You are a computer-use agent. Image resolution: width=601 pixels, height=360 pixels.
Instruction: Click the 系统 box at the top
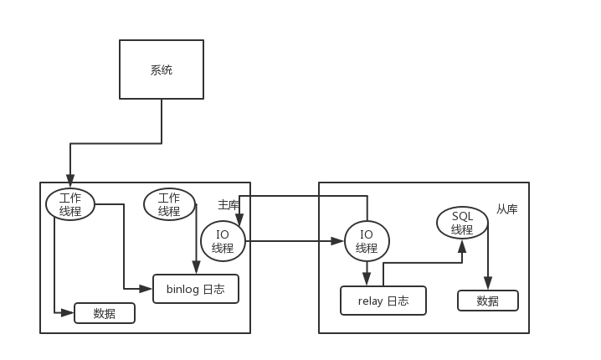pos(161,70)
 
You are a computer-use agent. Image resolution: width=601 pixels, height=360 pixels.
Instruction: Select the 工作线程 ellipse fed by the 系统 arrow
pos(70,204)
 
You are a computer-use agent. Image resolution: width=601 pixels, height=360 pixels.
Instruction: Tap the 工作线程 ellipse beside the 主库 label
pos(169,204)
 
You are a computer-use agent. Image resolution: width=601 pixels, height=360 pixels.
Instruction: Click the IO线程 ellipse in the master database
pos(223,241)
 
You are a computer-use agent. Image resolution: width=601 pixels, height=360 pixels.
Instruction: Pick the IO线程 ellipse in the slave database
pos(367,241)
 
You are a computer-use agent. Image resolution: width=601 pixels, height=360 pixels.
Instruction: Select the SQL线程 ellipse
pos(462,223)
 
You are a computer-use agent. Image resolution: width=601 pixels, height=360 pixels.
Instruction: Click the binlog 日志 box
pos(195,289)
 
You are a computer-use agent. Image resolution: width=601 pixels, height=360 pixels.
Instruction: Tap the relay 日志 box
pos(383,301)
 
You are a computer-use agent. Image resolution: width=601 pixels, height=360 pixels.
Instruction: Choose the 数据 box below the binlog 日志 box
pos(105,313)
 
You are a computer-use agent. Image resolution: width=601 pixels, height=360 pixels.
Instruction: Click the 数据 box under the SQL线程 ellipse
pos(487,301)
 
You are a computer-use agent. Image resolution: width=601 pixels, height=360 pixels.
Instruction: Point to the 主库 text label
pos(229,204)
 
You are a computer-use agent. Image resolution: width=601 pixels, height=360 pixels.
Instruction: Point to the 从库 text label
pos(506,209)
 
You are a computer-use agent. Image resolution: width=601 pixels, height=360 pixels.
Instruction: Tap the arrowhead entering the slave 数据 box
pos(488,285)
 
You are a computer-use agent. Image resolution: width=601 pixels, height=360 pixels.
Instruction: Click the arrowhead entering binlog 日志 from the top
pos(196,269)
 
